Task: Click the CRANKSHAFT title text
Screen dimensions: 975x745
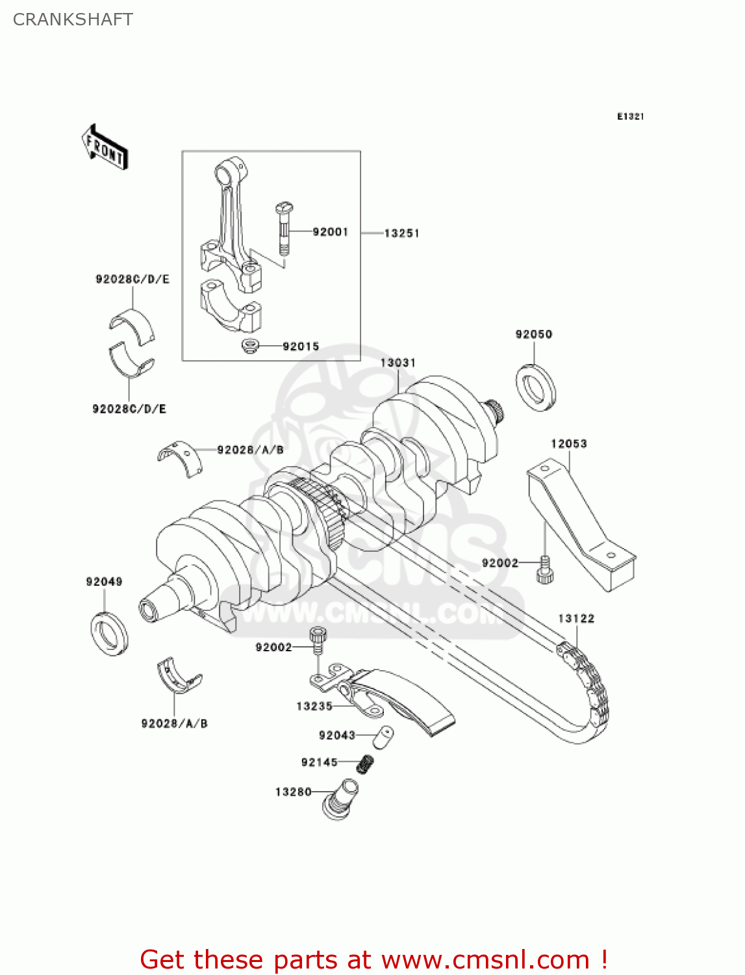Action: pyautogui.click(x=73, y=19)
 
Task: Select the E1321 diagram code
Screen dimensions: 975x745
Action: pyautogui.click(x=630, y=116)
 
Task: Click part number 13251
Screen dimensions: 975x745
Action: pyautogui.click(x=401, y=233)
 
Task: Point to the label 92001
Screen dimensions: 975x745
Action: pyautogui.click(x=330, y=231)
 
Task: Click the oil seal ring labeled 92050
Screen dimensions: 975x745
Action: pyautogui.click(x=537, y=388)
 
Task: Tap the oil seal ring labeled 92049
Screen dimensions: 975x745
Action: pyautogui.click(x=109, y=632)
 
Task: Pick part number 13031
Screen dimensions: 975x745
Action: pyautogui.click(x=398, y=363)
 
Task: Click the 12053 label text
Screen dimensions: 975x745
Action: pyautogui.click(x=568, y=443)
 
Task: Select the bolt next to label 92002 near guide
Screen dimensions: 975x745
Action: pyautogui.click(x=545, y=570)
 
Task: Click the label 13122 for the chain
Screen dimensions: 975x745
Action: pyautogui.click(x=576, y=618)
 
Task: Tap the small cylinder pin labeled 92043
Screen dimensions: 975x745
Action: pyautogui.click(x=384, y=738)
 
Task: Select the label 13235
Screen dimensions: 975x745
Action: pyautogui.click(x=314, y=706)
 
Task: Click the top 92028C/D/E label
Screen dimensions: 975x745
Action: pyautogui.click(x=133, y=279)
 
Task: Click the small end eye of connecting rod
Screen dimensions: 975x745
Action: pyautogui.click(x=227, y=174)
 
